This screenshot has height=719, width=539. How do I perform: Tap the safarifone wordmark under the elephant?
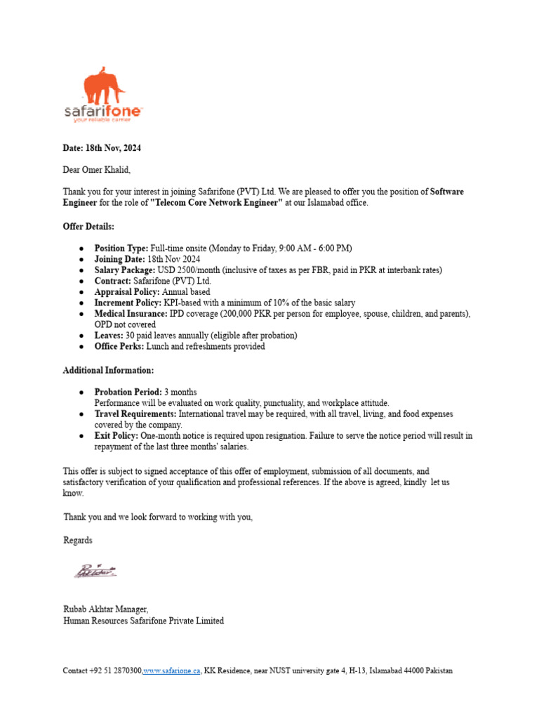(103, 111)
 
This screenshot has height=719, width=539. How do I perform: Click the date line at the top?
(102, 148)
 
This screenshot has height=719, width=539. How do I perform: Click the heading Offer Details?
(88, 227)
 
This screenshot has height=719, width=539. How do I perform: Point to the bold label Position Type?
(121, 249)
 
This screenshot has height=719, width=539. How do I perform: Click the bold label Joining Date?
(121, 259)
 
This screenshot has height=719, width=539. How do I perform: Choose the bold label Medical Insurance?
(131, 314)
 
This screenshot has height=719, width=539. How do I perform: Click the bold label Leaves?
(109, 336)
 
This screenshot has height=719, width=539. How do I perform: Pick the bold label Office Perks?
(120, 346)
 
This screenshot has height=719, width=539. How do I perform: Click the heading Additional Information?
(108, 370)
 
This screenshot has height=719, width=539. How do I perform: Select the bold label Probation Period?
(128, 392)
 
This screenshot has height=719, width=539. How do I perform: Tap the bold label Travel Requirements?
(136, 414)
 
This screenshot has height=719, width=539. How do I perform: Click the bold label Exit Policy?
(117, 436)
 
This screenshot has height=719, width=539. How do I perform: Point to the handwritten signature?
(95, 571)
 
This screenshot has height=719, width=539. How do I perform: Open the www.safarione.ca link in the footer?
(173, 671)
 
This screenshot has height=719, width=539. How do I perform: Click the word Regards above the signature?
(78, 541)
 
